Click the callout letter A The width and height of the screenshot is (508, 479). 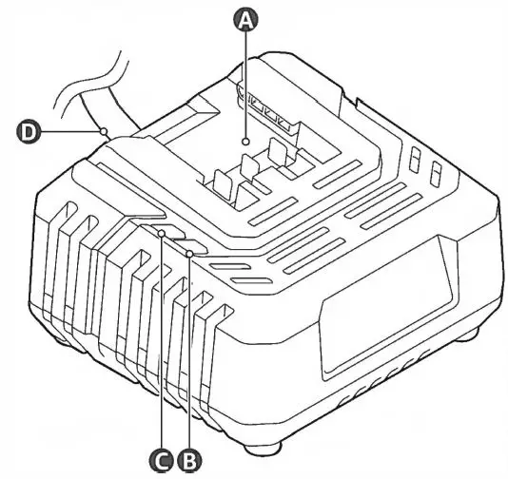point(246,19)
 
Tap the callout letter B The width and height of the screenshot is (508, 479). point(190,460)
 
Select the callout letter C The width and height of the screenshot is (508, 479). point(163,460)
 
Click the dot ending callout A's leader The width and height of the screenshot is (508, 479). point(246,141)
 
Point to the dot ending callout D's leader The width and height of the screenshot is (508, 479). point(104,131)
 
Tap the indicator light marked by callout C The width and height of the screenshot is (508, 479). point(163,232)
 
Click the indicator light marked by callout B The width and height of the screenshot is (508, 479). point(190,253)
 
